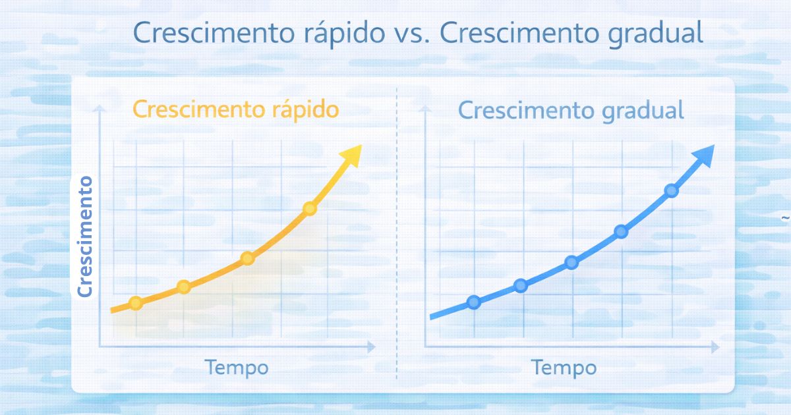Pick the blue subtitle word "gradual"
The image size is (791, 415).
(643, 111)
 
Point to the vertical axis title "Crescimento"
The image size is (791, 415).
(86, 235)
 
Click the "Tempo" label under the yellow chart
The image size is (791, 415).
(236, 367)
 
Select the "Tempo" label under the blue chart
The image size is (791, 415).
(564, 367)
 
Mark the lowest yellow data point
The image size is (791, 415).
(135, 303)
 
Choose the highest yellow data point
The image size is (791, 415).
(310, 209)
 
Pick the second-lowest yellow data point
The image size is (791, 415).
(184, 287)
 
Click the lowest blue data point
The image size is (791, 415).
(473, 302)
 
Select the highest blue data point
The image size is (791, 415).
(671, 190)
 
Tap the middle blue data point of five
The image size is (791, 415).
(571, 262)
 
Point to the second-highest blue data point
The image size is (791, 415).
(621, 231)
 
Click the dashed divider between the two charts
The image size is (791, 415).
(397, 231)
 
